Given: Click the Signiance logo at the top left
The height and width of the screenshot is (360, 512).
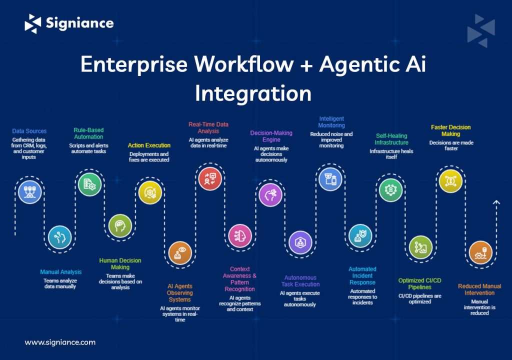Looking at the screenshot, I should [x=69, y=23].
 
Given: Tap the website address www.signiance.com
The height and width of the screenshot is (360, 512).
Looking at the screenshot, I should [x=60, y=342].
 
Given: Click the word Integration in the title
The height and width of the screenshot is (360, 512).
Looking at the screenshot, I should [x=253, y=93].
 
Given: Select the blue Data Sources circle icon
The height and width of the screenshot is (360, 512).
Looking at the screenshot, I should [x=29, y=191].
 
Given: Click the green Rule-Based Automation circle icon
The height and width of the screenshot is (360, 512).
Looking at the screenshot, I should [x=89, y=183].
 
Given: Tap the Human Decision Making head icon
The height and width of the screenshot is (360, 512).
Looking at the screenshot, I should [x=120, y=226].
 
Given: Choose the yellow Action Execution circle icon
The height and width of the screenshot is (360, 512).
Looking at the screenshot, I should [x=150, y=191].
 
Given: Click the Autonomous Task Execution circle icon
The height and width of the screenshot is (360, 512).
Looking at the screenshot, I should [x=300, y=242].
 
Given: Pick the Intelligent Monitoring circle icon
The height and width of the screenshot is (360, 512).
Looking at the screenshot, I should [x=330, y=178].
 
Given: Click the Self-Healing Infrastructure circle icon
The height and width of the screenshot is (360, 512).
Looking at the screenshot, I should [x=390, y=189].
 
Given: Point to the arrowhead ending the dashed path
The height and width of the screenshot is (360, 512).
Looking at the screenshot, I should [x=496, y=202].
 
